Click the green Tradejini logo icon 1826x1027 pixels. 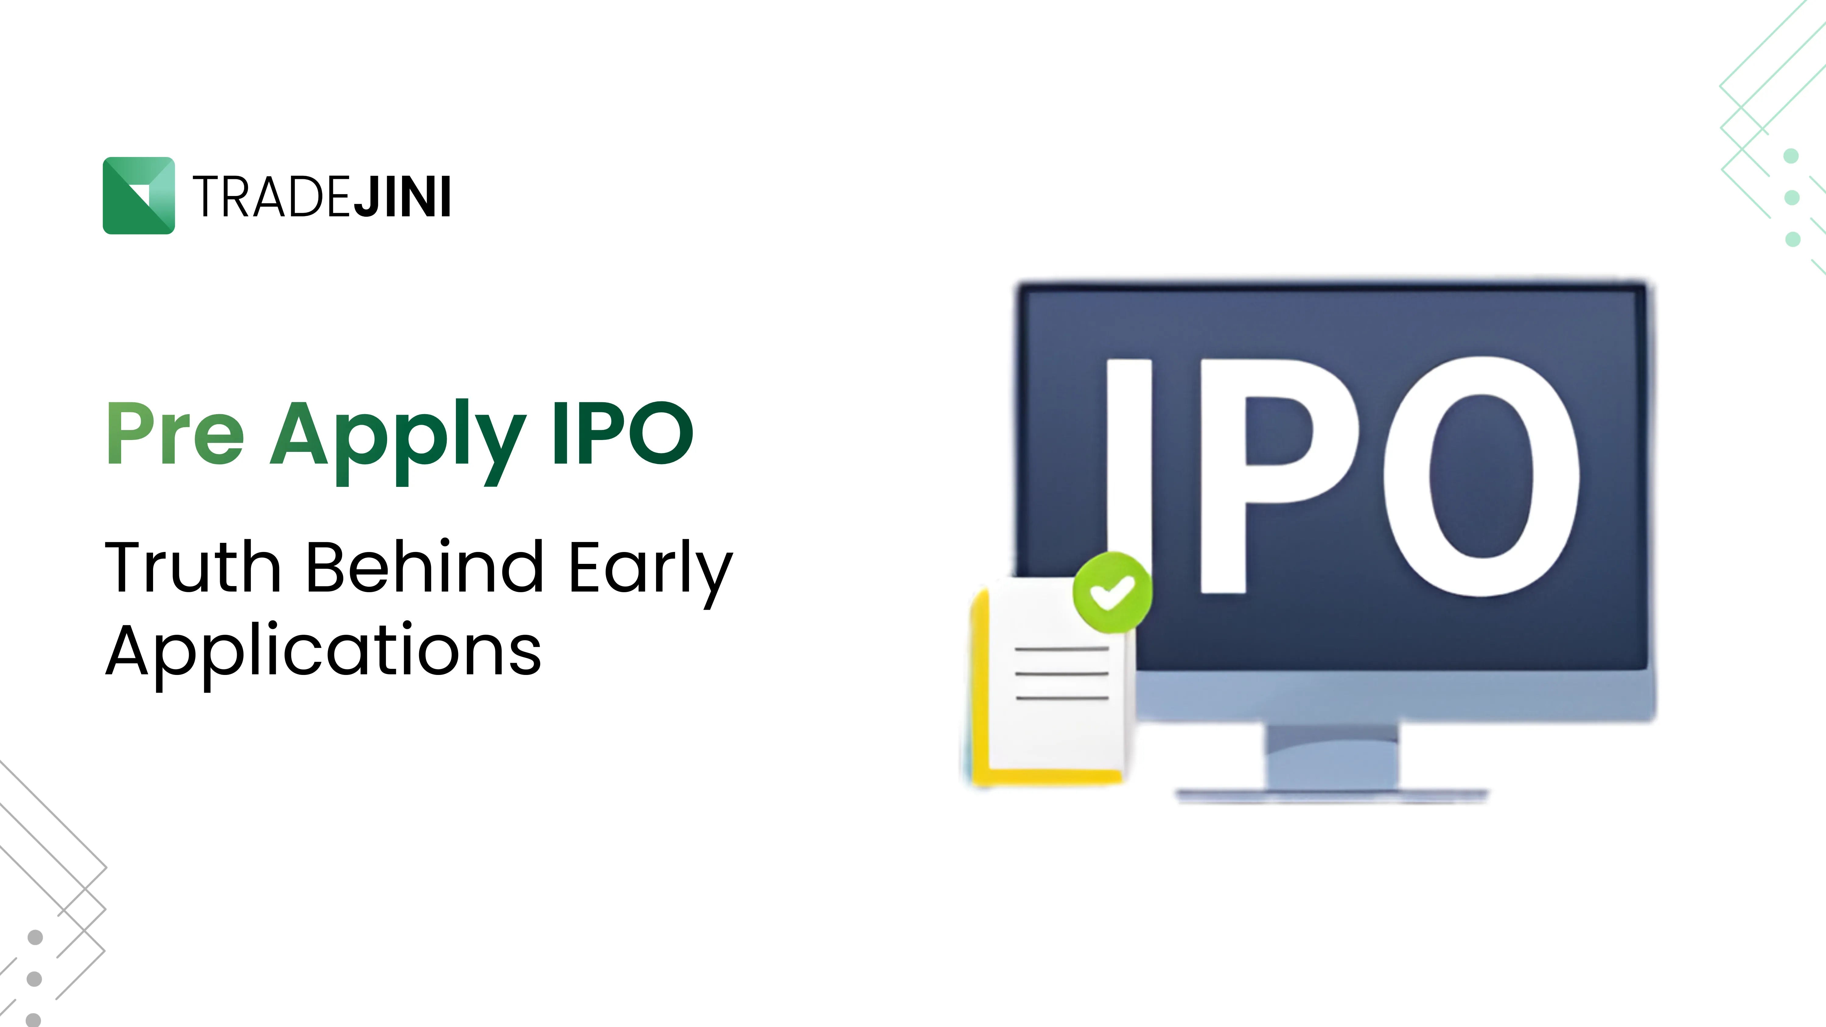coord(139,196)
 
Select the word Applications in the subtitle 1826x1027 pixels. coord(323,651)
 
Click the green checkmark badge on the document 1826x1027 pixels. coord(1112,592)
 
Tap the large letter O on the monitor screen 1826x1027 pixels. coord(1481,476)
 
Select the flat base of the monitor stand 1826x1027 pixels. coord(1333,795)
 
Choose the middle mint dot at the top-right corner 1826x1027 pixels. coord(1792,197)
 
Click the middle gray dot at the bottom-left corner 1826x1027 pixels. coord(34,979)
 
